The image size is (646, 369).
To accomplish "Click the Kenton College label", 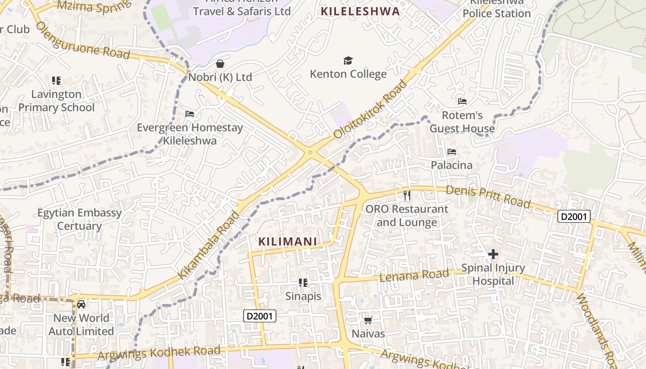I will pos(348,74).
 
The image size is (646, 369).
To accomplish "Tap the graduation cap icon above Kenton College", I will pos(348,60).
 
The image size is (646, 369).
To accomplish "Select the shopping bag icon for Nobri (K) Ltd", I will pos(220,63).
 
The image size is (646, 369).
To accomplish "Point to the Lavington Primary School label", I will pos(56,101).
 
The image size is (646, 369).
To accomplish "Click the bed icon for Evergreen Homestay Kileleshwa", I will pos(190,113).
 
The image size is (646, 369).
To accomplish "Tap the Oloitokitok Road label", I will pos(371,109).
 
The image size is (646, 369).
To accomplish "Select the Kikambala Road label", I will pos(209,245).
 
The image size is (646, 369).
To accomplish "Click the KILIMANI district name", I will pos(288,241).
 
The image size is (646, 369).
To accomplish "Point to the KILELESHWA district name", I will pos(360,12).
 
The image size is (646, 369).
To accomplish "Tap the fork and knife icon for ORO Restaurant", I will pos(407,195).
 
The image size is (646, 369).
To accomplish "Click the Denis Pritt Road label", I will pos(488,196).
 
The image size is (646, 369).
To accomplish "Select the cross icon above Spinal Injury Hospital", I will pos(493,254).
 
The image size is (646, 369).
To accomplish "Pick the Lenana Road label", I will pos(414,275).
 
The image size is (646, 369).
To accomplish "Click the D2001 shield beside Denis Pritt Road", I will pos(574,216).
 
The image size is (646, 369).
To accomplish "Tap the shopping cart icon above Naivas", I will pos(368,320).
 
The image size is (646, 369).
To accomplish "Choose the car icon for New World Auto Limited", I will pos(81,304).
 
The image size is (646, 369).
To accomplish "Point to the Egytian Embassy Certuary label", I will pos(79,219).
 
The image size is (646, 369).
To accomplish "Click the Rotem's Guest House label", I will pos(462,122).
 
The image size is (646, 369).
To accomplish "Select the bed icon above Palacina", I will pos(452,152).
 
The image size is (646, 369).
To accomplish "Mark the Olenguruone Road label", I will pos(83,40).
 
